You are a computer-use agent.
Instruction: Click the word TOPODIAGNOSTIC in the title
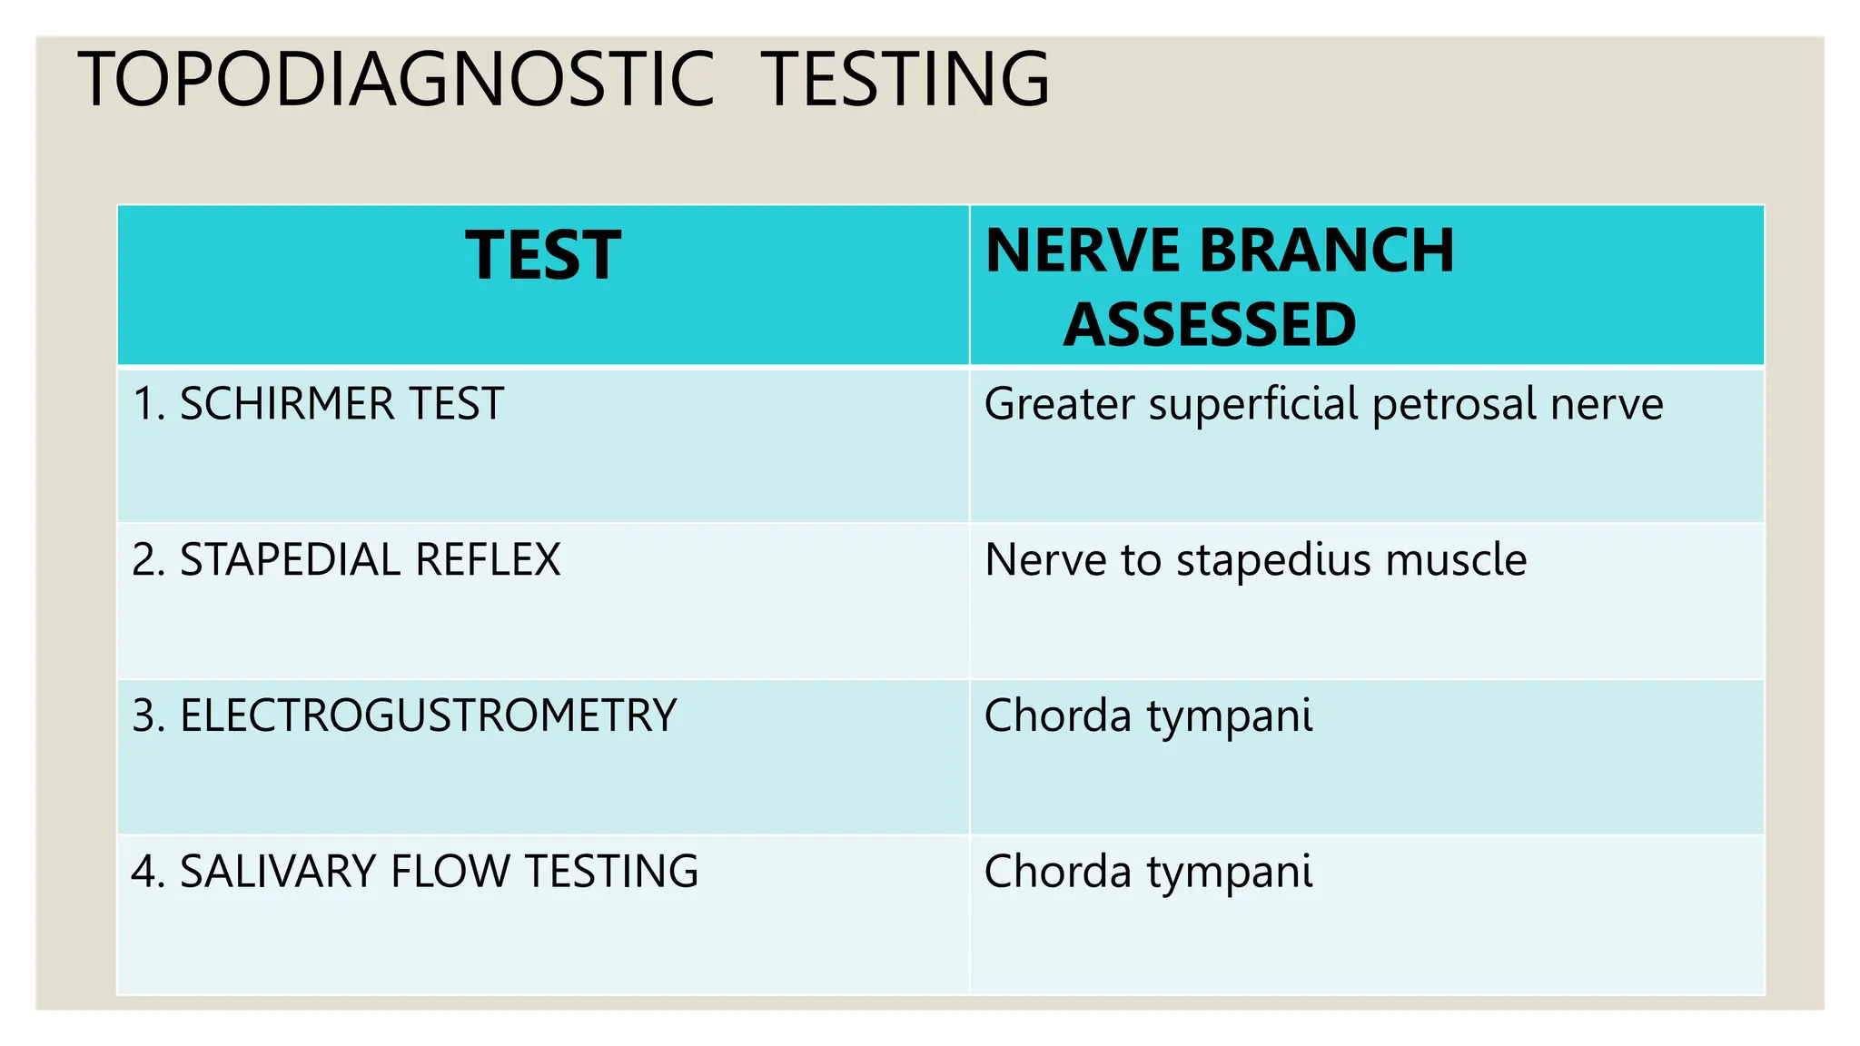coord(397,80)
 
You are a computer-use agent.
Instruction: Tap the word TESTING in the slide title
coord(905,80)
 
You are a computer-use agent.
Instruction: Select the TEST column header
coord(543,256)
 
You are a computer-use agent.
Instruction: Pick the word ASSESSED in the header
coord(1210,325)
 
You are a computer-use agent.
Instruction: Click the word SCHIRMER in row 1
coord(287,404)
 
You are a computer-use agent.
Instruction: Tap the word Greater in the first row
coord(1059,404)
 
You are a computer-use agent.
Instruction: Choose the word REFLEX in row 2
coord(488,560)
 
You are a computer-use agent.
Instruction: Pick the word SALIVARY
coord(278,873)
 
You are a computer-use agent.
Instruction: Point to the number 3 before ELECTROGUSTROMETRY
coord(144,716)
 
